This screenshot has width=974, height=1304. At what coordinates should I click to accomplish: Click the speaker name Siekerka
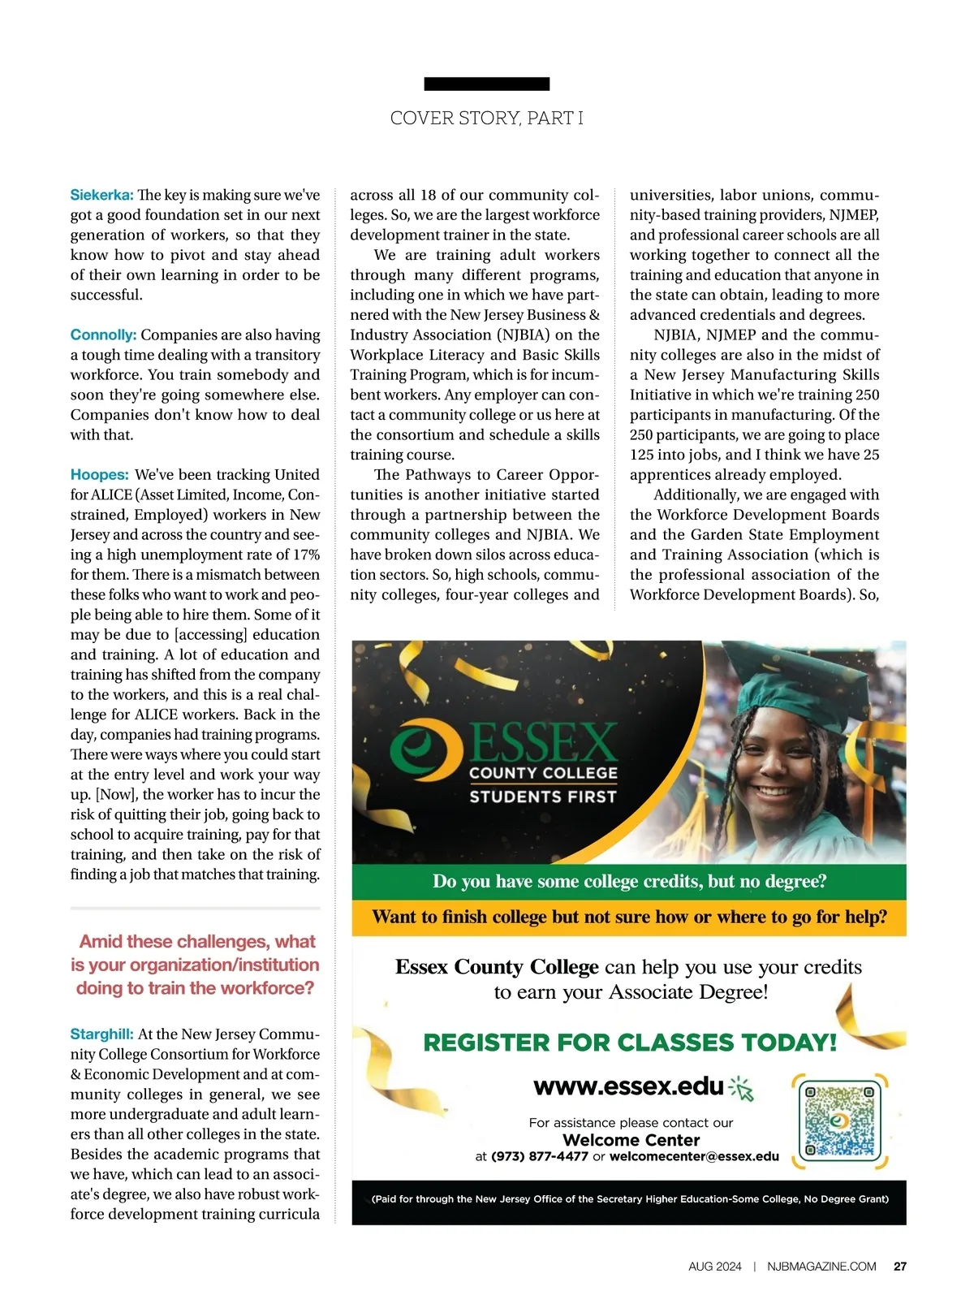[101, 196]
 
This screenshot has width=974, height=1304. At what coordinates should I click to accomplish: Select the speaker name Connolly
[103, 335]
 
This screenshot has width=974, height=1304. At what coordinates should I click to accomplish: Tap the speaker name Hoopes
[99, 475]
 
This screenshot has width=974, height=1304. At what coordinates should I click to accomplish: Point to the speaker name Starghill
[101, 1034]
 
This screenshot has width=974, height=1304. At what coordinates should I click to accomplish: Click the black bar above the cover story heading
[487, 84]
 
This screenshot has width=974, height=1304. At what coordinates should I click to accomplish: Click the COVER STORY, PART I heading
[487, 119]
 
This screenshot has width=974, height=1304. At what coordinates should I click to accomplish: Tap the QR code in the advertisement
[839, 1120]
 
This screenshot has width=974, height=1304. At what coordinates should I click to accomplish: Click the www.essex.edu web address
[628, 1086]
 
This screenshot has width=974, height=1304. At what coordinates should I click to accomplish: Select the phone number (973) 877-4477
[540, 1156]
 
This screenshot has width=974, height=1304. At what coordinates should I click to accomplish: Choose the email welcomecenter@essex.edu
[694, 1156]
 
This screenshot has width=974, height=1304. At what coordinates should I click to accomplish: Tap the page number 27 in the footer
[900, 1266]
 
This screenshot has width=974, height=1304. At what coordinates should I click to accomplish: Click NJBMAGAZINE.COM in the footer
[821, 1266]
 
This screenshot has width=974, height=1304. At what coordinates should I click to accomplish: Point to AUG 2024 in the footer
[715, 1266]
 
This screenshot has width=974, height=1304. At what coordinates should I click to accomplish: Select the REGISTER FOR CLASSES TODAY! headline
[630, 1043]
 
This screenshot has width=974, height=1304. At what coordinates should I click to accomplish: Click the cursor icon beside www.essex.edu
[743, 1089]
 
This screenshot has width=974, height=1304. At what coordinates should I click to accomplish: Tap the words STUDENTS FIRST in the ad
[543, 797]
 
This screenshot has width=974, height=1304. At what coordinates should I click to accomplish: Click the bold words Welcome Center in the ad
[631, 1140]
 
